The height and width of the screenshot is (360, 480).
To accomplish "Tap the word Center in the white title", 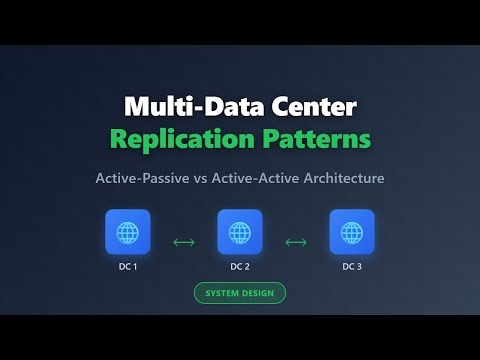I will pos(310,106).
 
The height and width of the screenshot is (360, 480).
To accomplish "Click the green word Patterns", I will pos(312,138).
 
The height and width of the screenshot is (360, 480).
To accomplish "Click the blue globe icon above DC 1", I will pos(127,232).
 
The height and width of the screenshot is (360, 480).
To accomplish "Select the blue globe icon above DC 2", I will pos(240,232).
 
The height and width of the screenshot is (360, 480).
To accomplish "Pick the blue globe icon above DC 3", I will pos(352,232).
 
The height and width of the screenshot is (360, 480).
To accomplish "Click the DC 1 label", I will pos(127,266).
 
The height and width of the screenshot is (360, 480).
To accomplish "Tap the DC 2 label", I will pos(240,266).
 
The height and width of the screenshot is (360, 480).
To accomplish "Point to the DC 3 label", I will pos(352,266).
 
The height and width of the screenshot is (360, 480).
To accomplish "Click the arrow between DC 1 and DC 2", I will pos(184,241).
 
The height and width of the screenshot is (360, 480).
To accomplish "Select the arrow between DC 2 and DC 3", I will pos(296,241).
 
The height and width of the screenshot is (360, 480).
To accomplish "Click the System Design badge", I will pos(240,293).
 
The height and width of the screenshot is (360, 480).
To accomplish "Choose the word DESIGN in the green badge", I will pos(259,293).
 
